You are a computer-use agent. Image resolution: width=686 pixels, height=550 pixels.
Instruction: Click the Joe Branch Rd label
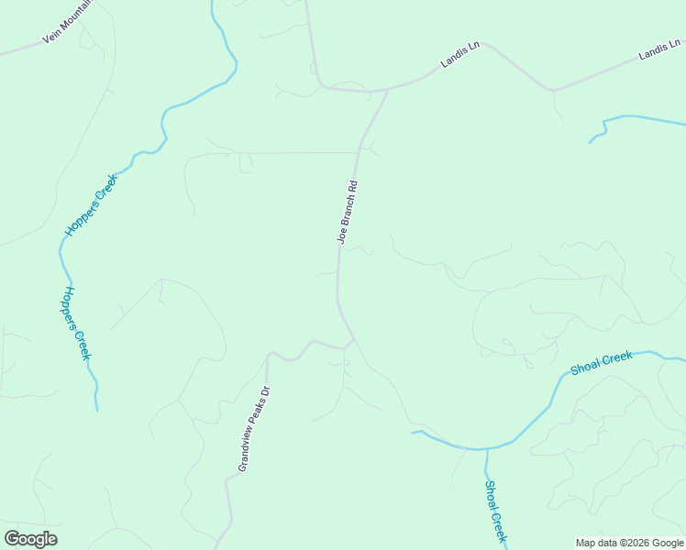(348, 212)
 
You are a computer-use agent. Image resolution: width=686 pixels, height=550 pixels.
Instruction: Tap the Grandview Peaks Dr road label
(254, 429)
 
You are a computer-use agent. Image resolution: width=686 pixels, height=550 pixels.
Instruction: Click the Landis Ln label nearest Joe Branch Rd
(460, 55)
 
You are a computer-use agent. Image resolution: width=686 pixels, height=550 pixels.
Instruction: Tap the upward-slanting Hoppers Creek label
(92, 206)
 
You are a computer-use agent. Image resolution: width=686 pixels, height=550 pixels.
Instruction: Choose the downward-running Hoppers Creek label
(78, 323)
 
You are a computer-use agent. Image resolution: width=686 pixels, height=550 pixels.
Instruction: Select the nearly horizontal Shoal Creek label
(602, 363)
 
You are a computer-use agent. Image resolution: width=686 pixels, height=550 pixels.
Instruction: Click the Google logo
(31, 539)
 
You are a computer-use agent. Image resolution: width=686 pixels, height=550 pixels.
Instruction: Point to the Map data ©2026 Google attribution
(630, 543)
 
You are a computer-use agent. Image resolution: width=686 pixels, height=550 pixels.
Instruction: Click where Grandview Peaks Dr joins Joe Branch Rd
(353, 340)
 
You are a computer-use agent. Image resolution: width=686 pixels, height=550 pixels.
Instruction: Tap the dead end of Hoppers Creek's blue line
(96, 410)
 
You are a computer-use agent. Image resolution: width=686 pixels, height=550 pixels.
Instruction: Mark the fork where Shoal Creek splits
(486, 448)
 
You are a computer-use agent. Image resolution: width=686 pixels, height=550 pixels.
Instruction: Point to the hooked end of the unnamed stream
(592, 141)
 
